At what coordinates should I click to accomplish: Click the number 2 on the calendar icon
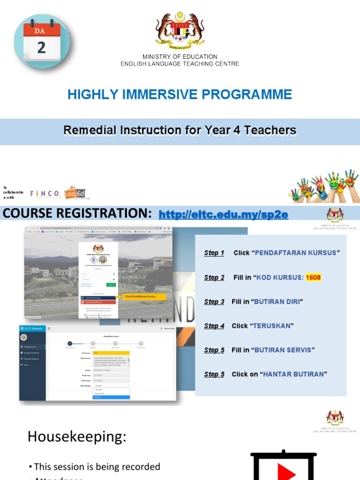[41, 48]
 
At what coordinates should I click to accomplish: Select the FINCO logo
[45, 193]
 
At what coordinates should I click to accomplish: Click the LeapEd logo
[75, 192]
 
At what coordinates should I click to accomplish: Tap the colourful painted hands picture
[323, 187]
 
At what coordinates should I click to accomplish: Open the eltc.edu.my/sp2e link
[223, 215]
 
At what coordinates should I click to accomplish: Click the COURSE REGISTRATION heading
[77, 214]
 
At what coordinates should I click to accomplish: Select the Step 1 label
[214, 253]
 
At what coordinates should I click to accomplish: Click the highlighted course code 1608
[313, 277]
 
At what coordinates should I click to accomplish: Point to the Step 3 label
[214, 302]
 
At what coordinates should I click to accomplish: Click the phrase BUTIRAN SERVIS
[283, 350]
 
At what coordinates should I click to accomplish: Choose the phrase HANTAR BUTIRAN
[293, 374]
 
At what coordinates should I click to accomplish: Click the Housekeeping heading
[77, 437]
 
